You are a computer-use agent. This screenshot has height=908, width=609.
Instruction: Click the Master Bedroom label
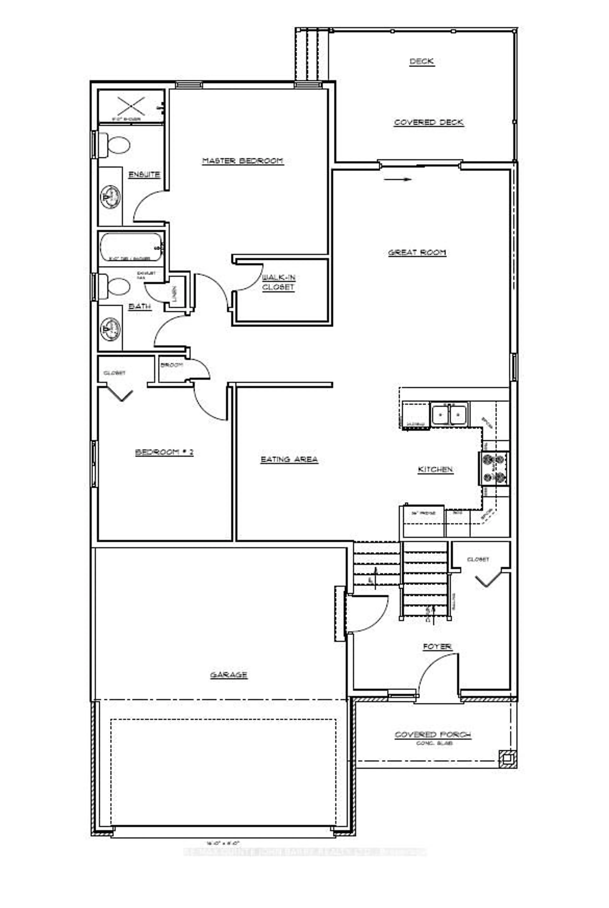tap(243, 161)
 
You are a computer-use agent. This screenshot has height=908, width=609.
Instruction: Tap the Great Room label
tap(417, 253)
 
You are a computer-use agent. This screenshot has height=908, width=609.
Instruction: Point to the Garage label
tap(229, 675)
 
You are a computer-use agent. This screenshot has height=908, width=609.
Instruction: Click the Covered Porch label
tap(433, 734)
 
